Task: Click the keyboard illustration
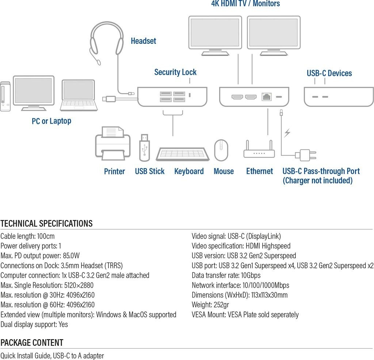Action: click(183, 154)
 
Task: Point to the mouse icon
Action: click(221, 150)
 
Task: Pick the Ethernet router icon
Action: click(259, 150)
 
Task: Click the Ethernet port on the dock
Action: click(266, 97)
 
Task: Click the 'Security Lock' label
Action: click(175, 72)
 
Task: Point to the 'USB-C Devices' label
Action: click(329, 73)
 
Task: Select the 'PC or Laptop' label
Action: click(51, 121)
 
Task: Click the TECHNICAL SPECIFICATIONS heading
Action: click(47, 224)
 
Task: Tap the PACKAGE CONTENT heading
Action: click(32, 343)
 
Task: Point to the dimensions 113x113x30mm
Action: click(269, 295)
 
